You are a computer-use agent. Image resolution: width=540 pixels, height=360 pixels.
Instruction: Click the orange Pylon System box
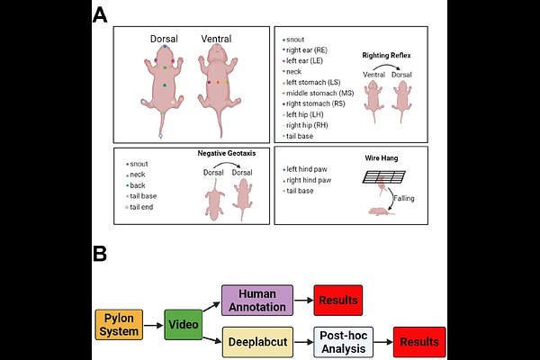119,324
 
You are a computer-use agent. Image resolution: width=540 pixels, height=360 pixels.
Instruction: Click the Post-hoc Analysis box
343,342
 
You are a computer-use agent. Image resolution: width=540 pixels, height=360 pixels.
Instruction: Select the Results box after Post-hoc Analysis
419,342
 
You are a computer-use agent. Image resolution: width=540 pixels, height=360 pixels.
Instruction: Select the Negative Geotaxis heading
229,154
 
